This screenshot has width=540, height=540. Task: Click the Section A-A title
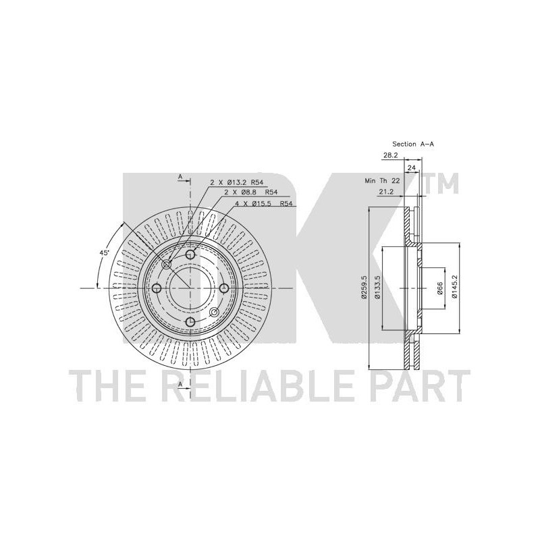coord(413,144)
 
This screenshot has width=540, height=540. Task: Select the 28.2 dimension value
coord(391,156)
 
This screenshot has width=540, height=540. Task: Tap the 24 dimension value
coord(412,168)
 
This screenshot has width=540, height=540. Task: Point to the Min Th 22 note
coord(382,181)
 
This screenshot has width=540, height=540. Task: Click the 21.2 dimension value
coord(386,192)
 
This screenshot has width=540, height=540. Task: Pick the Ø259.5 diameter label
coord(363,286)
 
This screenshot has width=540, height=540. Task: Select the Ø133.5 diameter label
coord(377,287)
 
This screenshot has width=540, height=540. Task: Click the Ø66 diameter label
coord(439,288)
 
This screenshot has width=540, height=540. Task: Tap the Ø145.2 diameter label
coord(454,286)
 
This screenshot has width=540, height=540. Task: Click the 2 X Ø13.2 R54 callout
coord(237,182)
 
